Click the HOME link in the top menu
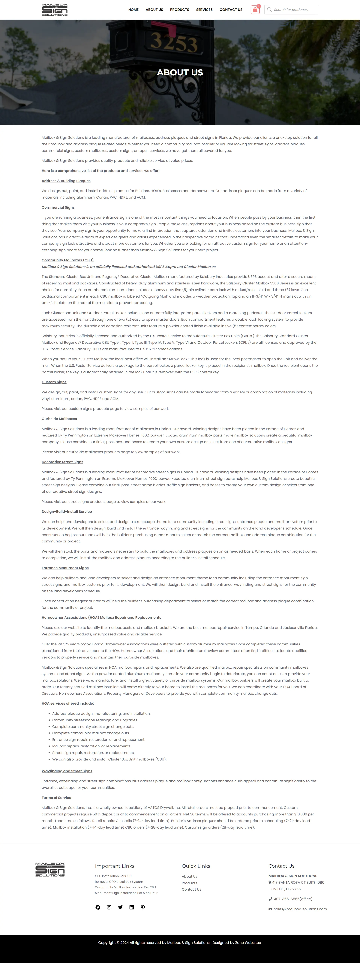(x=133, y=10)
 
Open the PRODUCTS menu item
(x=179, y=10)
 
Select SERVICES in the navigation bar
(x=204, y=10)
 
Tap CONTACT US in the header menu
(x=231, y=10)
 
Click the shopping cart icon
(x=255, y=10)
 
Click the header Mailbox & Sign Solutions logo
(x=55, y=10)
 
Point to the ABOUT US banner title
(x=180, y=73)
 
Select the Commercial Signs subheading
(x=58, y=208)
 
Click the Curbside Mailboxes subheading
(x=59, y=419)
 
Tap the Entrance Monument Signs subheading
(x=65, y=568)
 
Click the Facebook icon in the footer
(x=98, y=907)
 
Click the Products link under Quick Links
(x=189, y=883)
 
